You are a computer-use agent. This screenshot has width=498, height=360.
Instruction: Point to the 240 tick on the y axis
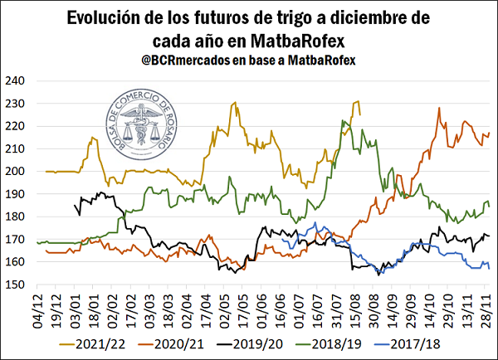coord(17,81)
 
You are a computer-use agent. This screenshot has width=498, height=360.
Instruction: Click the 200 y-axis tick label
coord(17,172)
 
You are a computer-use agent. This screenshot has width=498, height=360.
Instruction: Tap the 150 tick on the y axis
coord(17,285)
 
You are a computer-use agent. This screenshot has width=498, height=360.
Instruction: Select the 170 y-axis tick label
coord(17,240)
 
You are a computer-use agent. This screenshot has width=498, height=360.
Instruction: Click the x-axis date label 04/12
coord(37,308)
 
